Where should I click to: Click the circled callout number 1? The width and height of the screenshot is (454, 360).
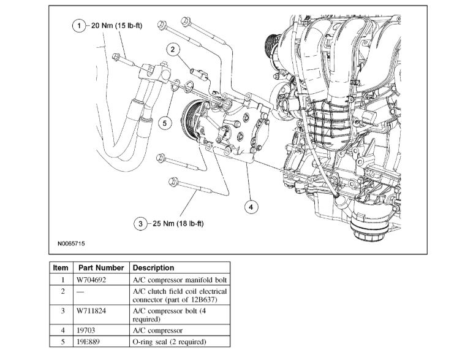coord(78,26)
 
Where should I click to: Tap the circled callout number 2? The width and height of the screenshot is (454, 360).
coord(173,49)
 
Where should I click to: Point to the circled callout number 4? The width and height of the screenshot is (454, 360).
coord(249,207)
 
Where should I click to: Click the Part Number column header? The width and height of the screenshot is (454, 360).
coord(101,268)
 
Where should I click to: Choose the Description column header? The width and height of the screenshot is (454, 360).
coord(153,268)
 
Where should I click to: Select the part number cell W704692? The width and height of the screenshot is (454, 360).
coord(92,280)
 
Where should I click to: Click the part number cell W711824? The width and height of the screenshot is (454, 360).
coord(92,312)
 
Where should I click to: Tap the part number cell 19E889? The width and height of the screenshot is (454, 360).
coord(88,342)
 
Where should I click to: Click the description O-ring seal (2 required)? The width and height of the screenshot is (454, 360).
coord(169,342)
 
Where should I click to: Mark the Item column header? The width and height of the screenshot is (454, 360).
coord(61,268)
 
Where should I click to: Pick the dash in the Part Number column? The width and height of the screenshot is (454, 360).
coord(80,291)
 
